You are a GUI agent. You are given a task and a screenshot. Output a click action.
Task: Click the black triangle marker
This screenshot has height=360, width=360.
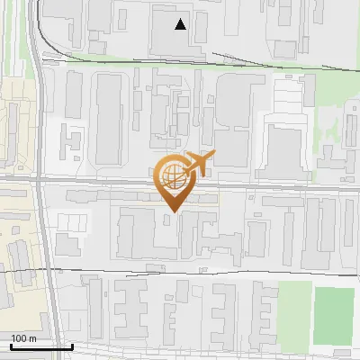click(181, 24)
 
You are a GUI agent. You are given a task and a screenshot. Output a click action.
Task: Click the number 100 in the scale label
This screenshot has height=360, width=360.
click(19, 338)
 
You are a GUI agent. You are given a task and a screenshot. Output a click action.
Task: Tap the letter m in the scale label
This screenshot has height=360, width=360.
click(32, 338)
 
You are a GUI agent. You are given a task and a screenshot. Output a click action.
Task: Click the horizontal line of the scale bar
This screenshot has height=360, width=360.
click(40, 346)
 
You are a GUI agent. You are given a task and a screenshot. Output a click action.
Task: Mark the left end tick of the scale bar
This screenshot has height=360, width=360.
click(10, 345)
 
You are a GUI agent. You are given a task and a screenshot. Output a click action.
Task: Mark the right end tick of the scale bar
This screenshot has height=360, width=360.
click(72, 345)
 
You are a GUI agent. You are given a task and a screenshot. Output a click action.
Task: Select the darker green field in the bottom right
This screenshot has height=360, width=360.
click(333, 315)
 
